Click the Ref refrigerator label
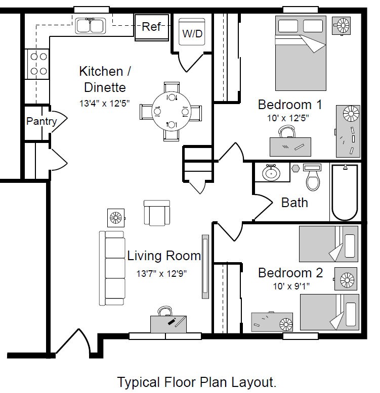click(151, 27)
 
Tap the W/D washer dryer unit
click(192, 32)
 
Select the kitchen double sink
click(91, 26)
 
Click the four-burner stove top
click(37, 64)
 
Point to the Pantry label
click(41, 121)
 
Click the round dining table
click(171, 111)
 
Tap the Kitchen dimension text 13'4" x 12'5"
click(104, 103)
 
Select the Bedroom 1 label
click(290, 105)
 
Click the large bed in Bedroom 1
click(301, 53)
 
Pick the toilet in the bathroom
click(313, 177)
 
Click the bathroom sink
click(271, 173)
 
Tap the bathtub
click(345, 192)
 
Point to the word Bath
click(294, 203)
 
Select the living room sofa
click(112, 268)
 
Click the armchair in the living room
click(157, 213)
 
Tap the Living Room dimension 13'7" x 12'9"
click(161, 273)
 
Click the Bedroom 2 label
click(290, 273)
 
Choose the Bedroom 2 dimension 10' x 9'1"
click(291, 286)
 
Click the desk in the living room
click(168, 324)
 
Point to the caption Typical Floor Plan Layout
click(197, 382)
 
